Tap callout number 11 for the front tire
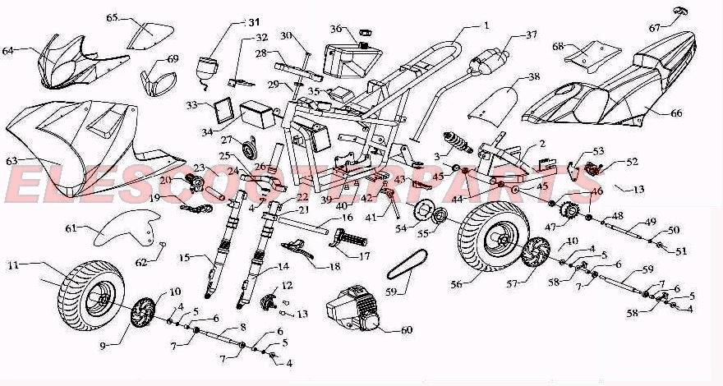pyautogui.click(x=13, y=265)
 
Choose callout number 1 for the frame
pyautogui.click(x=486, y=25)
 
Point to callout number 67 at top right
pyautogui.click(x=654, y=28)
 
